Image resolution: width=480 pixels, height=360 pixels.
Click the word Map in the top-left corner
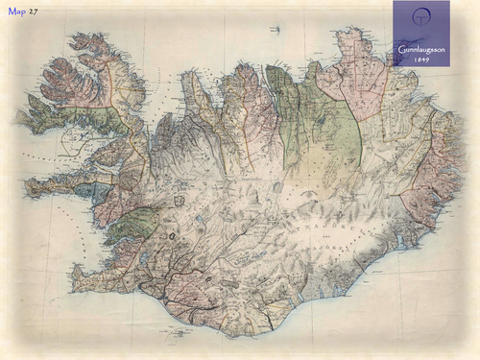(16, 12)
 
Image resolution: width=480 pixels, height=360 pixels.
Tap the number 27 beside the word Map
(34, 12)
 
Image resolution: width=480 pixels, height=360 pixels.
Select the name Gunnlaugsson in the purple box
(420, 48)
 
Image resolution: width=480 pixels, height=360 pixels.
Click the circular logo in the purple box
(420, 21)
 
